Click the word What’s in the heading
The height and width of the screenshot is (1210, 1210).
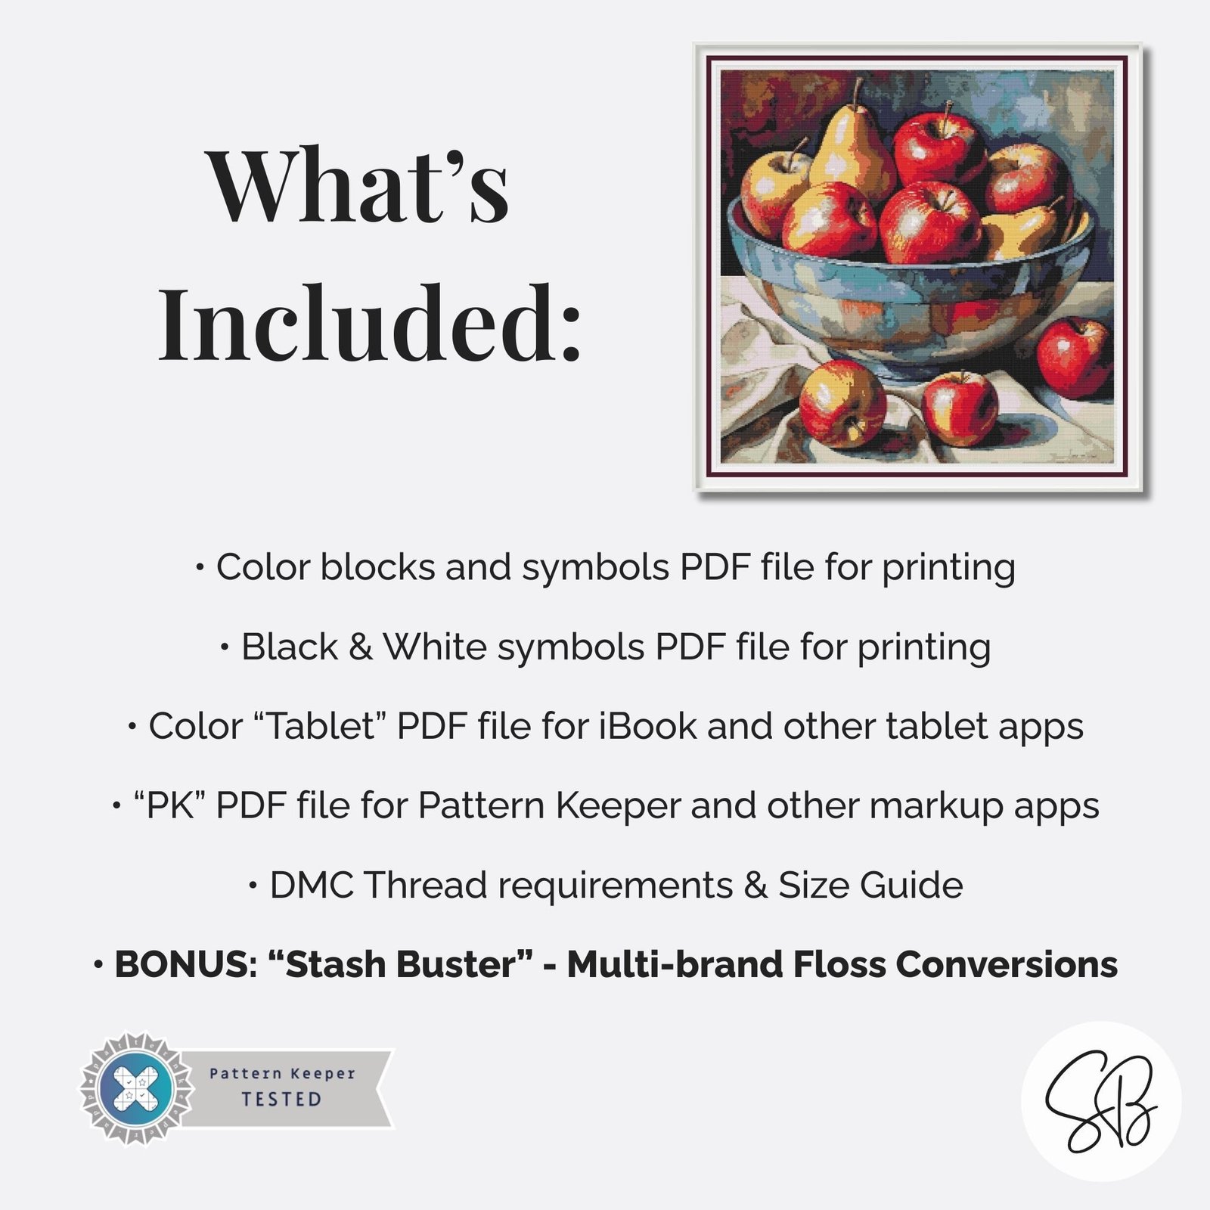click(358, 186)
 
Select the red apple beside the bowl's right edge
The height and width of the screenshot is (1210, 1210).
click(1074, 357)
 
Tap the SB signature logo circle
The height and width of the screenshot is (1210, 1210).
click(1101, 1100)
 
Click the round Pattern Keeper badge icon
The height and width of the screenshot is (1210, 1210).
click(137, 1088)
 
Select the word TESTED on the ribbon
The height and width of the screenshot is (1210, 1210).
click(281, 1100)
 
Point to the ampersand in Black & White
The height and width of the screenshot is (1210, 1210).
click(361, 647)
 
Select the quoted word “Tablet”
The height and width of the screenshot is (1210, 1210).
click(317, 726)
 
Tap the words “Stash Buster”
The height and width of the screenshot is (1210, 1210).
click(400, 964)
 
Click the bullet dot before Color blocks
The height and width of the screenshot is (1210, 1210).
click(200, 567)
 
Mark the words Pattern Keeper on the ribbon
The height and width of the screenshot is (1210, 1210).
click(282, 1073)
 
